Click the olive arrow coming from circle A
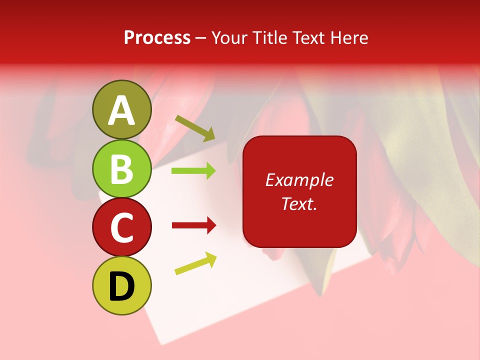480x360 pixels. click(195, 128)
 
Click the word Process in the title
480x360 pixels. click(157, 38)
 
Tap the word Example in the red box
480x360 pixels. click(299, 180)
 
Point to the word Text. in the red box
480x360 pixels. click(299, 203)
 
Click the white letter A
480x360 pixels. click(122, 110)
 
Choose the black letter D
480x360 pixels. click(121, 286)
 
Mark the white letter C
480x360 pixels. click(121, 228)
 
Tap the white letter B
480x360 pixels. click(121, 169)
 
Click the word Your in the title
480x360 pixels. click(229, 37)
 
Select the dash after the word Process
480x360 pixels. click(201, 38)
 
